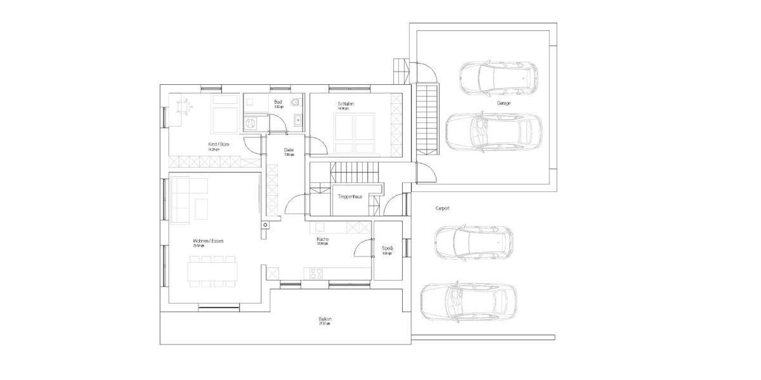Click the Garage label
pyautogui.click(x=504, y=103)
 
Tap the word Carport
pyautogui.click(x=442, y=208)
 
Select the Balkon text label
pyautogui.click(x=325, y=320)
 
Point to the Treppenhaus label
pyautogui.click(x=350, y=197)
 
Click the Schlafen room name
pyautogui.click(x=346, y=103)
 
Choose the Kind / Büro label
pyautogui.click(x=219, y=145)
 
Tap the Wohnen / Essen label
pyautogui.click(x=208, y=241)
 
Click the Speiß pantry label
pyautogui.click(x=387, y=248)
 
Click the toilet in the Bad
pyautogui.click(x=297, y=102)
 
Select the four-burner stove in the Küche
pyautogui.click(x=315, y=273)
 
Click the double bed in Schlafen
pyautogui.click(x=355, y=132)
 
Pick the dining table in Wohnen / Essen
pyautogui.click(x=212, y=272)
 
